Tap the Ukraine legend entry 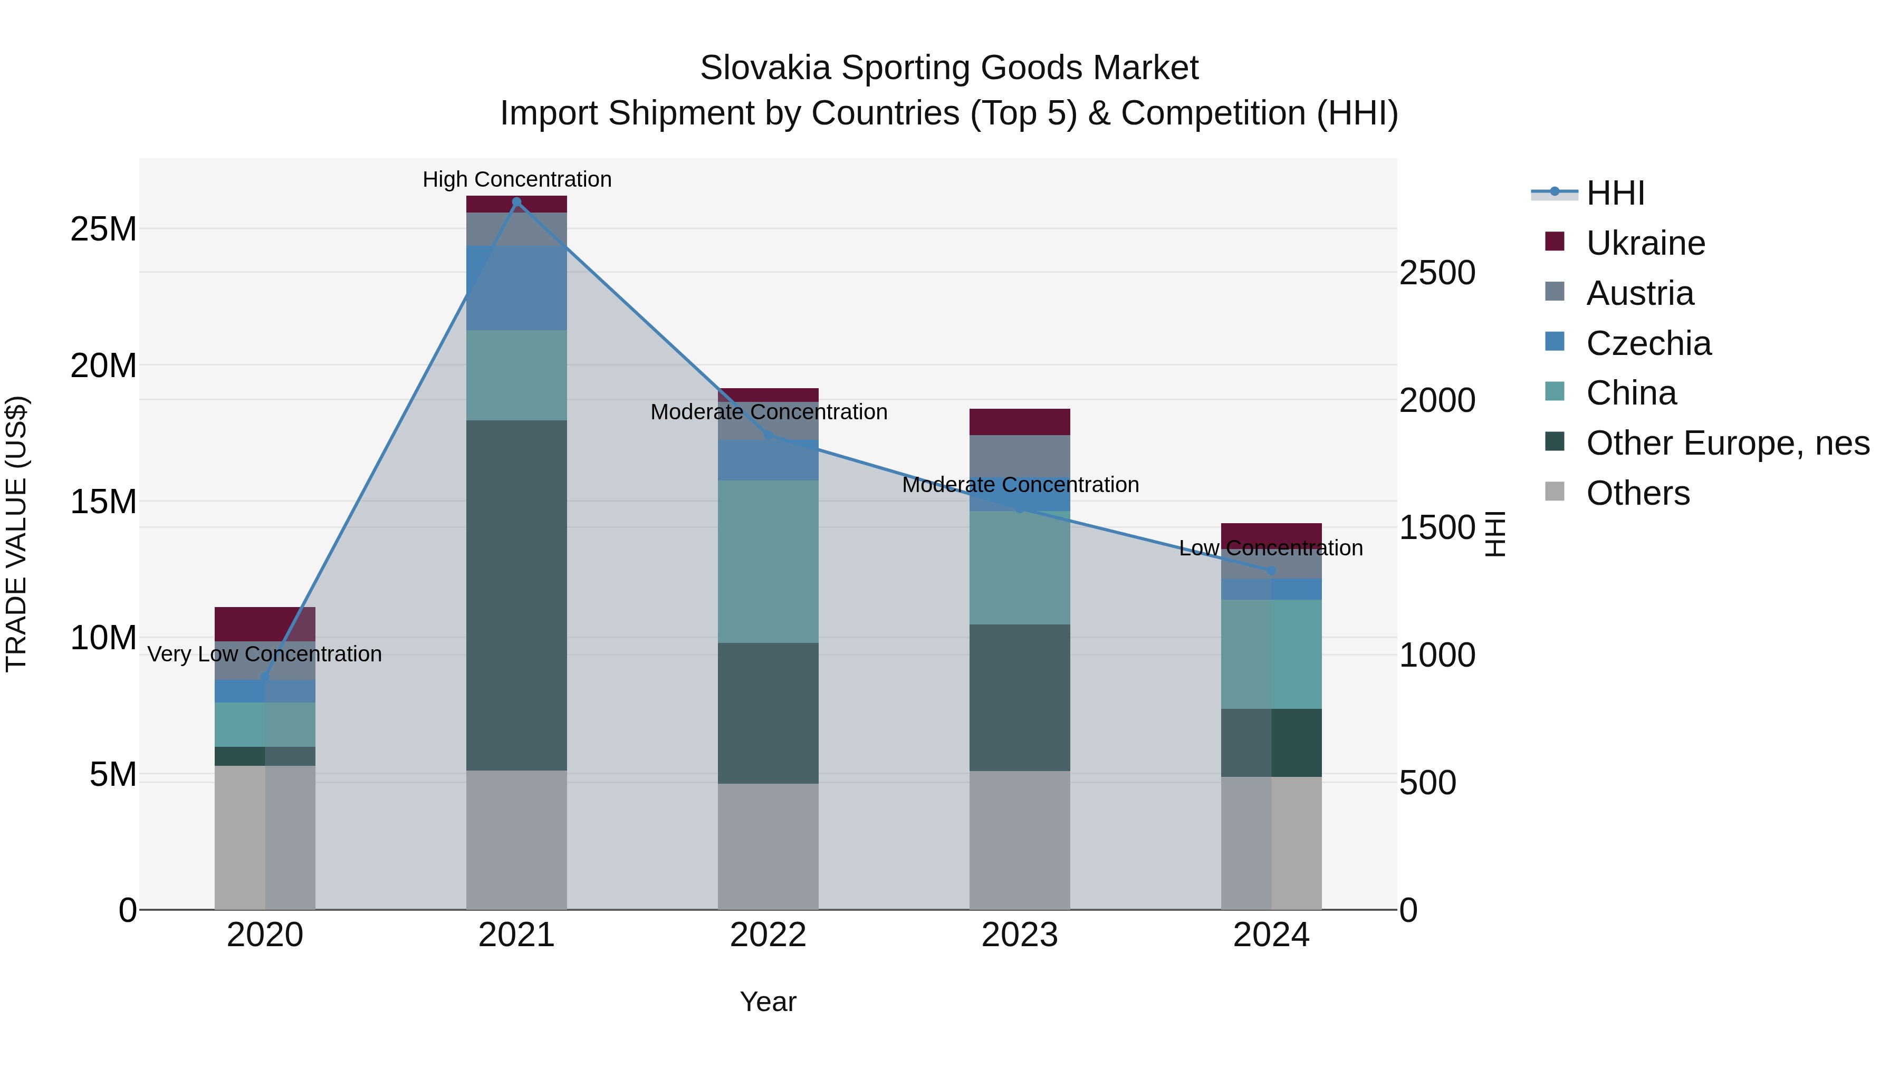pos(1645,243)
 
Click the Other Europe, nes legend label pos(1727,444)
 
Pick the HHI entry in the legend pos(1615,193)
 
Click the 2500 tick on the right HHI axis pos(1437,273)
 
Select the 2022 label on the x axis pos(768,935)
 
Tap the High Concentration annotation pos(517,180)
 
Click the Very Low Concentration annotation pos(265,655)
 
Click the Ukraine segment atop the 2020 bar pos(265,623)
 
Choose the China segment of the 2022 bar pos(768,561)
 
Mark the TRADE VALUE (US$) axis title pos(16,534)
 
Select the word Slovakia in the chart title pos(766,68)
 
